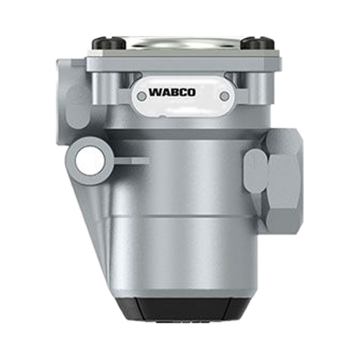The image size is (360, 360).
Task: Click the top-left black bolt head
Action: tap(108, 44)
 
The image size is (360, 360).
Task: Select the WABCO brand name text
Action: tap(172, 92)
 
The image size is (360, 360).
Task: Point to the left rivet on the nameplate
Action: tap(142, 96)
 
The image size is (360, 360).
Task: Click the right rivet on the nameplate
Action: tap(225, 96)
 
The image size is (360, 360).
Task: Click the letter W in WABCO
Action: tap(155, 92)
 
